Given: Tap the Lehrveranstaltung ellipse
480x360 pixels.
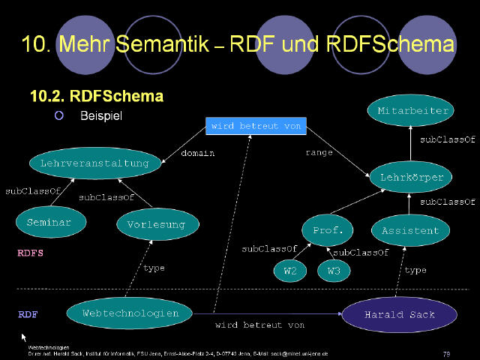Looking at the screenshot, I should point(94,163).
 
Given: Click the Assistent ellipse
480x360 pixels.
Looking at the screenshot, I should point(410,229).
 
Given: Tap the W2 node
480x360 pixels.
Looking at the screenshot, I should point(289,271).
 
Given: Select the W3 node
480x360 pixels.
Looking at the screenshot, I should point(333,271).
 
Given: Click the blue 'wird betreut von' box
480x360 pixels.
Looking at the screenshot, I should point(256,126).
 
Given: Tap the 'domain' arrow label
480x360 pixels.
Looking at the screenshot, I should point(198,153).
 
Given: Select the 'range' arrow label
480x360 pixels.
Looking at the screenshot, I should point(319,153).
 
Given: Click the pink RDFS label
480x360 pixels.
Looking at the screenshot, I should point(30,253).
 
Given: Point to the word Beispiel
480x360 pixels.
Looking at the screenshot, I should point(100,116).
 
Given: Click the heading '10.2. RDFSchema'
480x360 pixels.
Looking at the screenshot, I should point(96,97).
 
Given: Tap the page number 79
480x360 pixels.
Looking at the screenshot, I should point(446,352).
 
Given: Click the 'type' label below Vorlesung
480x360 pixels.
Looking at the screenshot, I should point(154,268).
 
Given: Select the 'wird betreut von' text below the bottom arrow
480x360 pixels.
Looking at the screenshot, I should point(259,325).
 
